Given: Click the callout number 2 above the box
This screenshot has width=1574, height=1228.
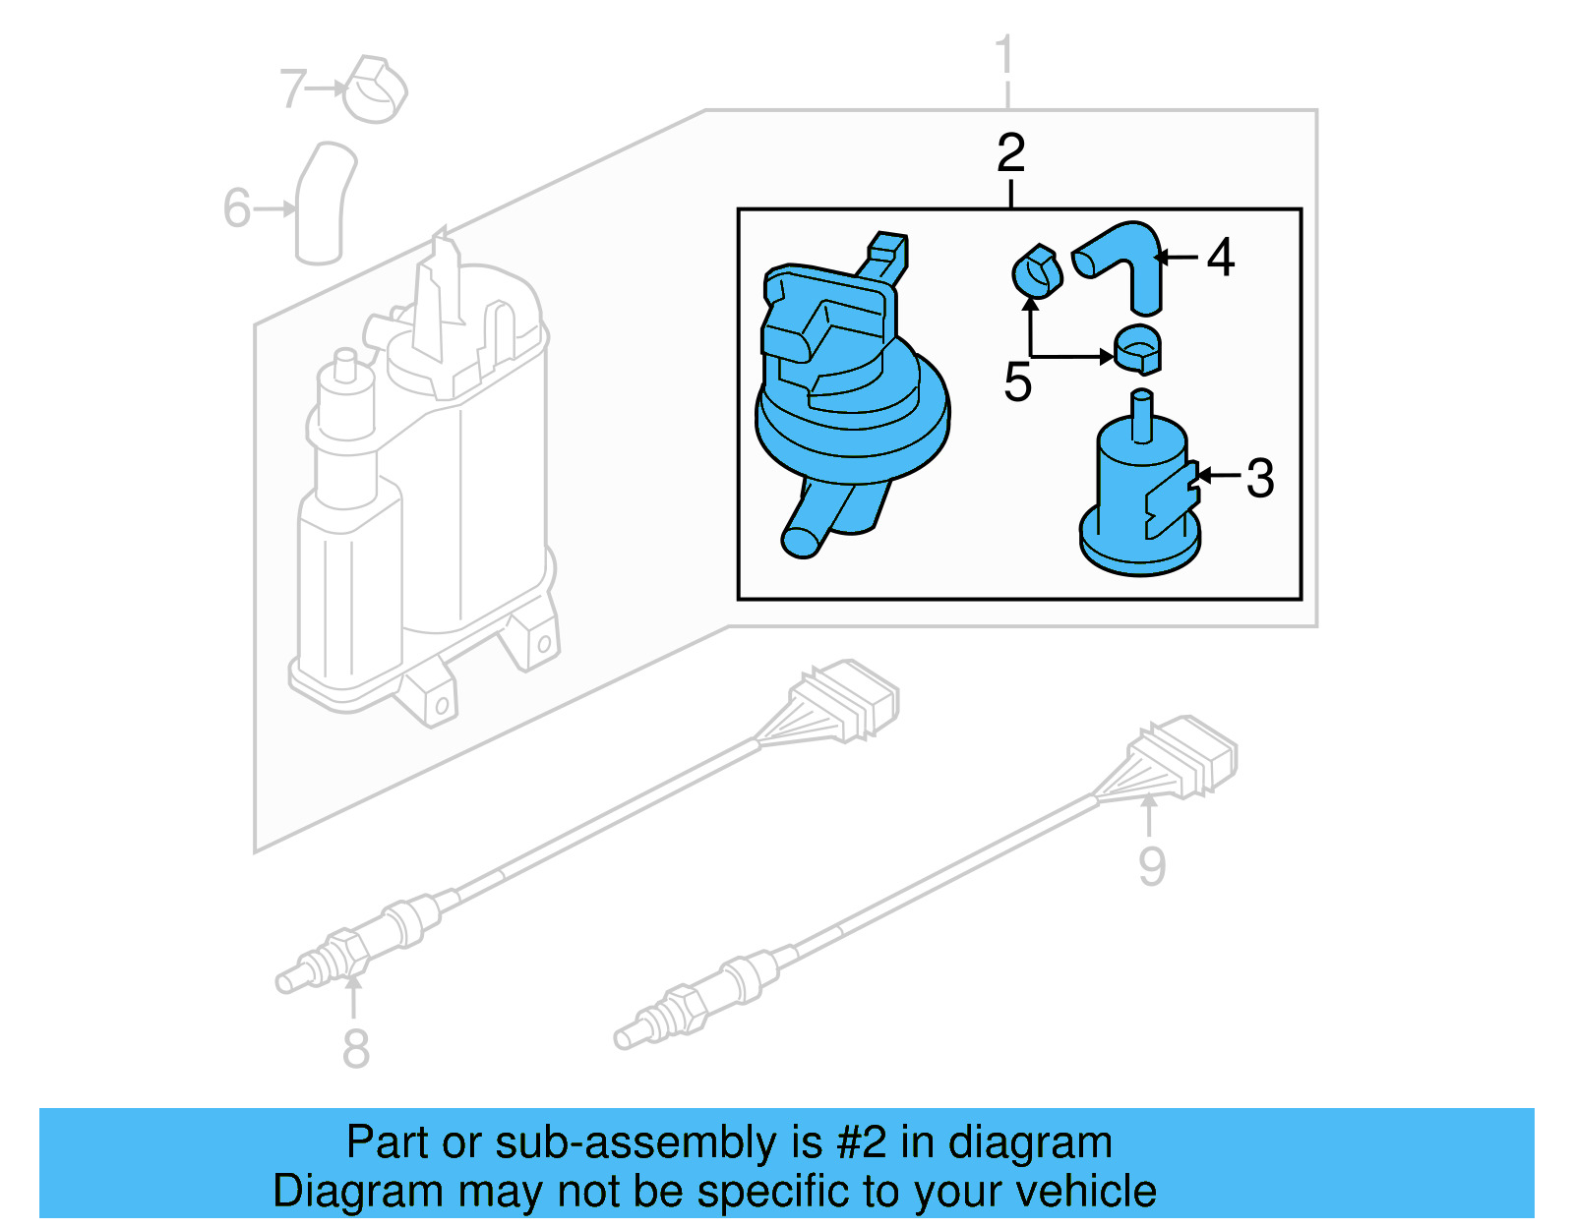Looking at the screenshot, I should [1010, 153].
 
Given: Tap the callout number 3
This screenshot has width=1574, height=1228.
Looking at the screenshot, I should [1260, 479].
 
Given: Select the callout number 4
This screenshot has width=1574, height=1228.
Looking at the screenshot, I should [1220, 258].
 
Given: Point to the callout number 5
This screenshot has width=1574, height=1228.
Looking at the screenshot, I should [1017, 382].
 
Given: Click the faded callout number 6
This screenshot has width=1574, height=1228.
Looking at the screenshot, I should [236, 208].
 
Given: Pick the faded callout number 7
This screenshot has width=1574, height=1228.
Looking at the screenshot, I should [293, 88].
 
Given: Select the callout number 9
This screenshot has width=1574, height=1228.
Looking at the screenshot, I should [1151, 866].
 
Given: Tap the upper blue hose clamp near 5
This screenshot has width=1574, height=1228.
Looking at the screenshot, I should [1037, 271].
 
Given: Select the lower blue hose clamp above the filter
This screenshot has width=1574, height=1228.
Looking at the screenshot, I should [1138, 349].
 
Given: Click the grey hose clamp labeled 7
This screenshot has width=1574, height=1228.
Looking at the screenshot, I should [376, 90].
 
